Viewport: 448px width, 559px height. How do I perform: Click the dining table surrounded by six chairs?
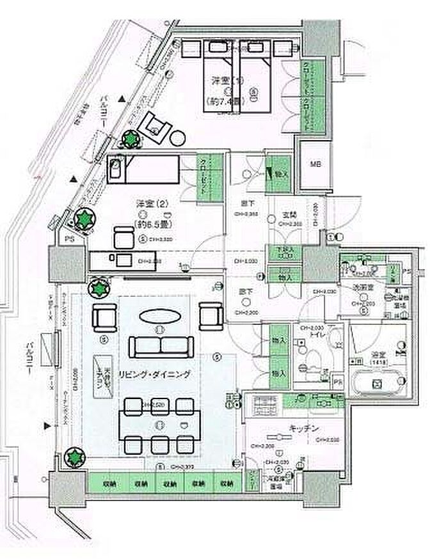click(x=159, y=423)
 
